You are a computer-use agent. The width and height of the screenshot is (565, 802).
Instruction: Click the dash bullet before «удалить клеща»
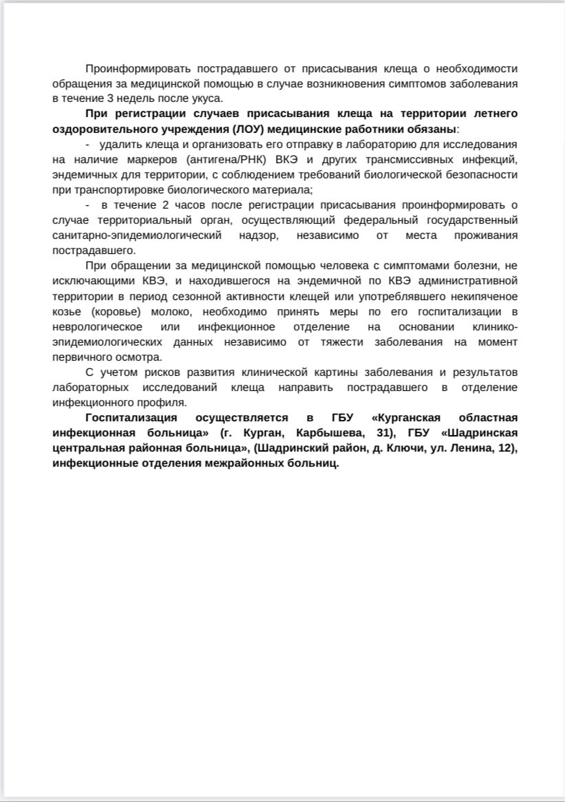click(87, 145)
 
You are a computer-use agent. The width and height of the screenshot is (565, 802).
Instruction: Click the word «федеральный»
click(379, 220)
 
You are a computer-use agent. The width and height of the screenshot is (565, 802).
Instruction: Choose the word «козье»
click(66, 311)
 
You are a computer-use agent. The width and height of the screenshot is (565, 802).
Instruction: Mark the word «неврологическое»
click(97, 326)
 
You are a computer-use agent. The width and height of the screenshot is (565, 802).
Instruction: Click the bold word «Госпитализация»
click(131, 417)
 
